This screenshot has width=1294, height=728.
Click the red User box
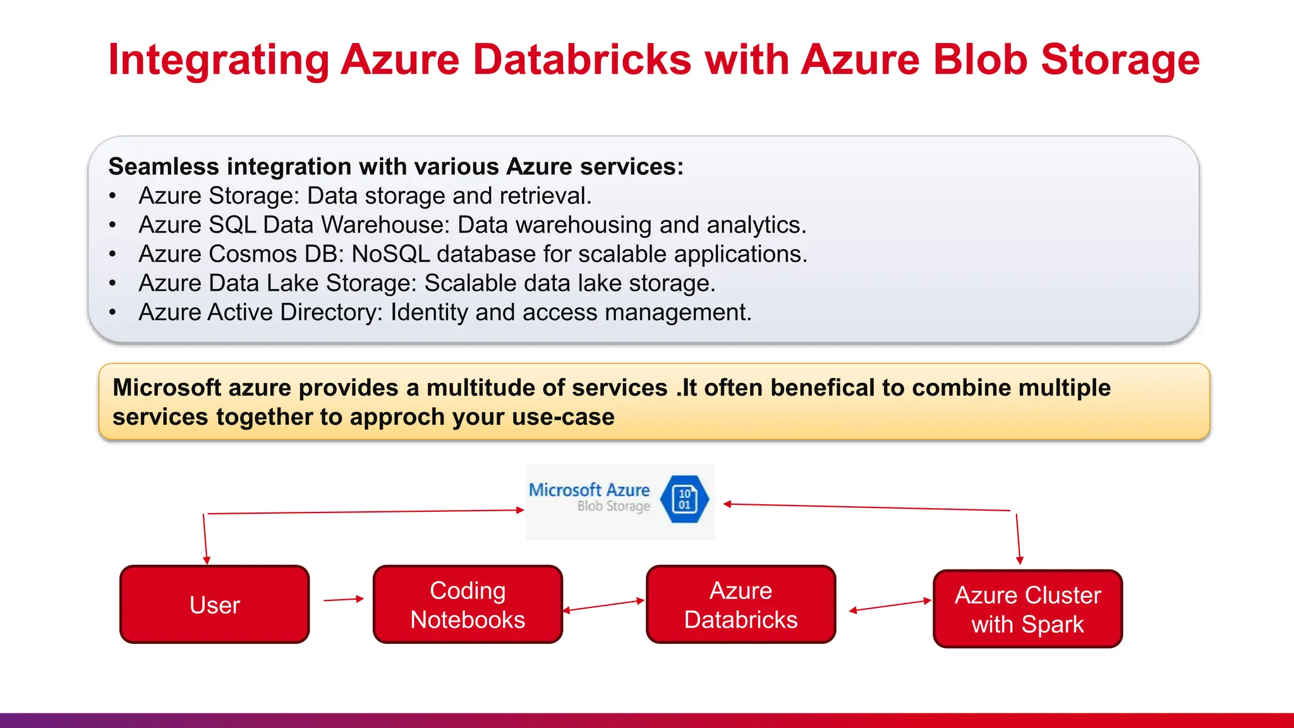pos(214,605)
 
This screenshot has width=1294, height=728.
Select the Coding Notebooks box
pos(468,605)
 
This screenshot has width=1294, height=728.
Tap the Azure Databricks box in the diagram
pos(741,605)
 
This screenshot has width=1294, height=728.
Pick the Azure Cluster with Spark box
pos(1027,609)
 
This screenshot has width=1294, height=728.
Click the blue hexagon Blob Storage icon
pos(684,499)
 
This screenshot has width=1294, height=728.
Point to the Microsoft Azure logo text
pos(589,490)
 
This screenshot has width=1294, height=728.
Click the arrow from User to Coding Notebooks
pos(344,599)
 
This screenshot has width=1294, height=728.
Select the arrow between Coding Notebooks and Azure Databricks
pos(603,605)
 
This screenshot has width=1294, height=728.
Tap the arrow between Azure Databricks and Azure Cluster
pos(890,605)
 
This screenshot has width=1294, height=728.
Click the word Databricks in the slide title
pos(581,59)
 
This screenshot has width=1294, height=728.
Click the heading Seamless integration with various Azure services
pos(396,167)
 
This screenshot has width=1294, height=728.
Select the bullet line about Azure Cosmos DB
pos(473,254)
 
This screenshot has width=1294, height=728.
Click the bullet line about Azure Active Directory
pos(445,312)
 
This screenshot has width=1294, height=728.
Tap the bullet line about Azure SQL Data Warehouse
pos(472,225)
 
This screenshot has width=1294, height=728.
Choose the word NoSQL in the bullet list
pos(390,254)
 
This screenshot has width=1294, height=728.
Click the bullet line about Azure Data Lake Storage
pos(426,283)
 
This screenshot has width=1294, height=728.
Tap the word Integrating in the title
pos(219,59)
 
